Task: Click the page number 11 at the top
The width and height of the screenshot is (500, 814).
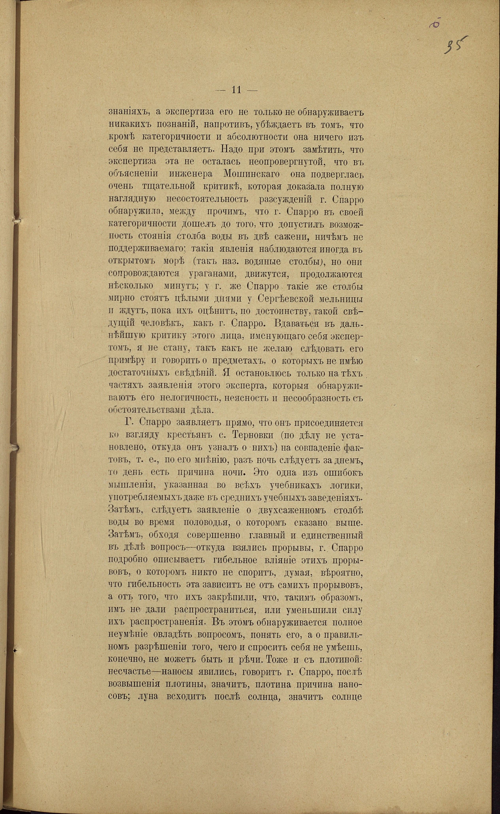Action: (x=237, y=90)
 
